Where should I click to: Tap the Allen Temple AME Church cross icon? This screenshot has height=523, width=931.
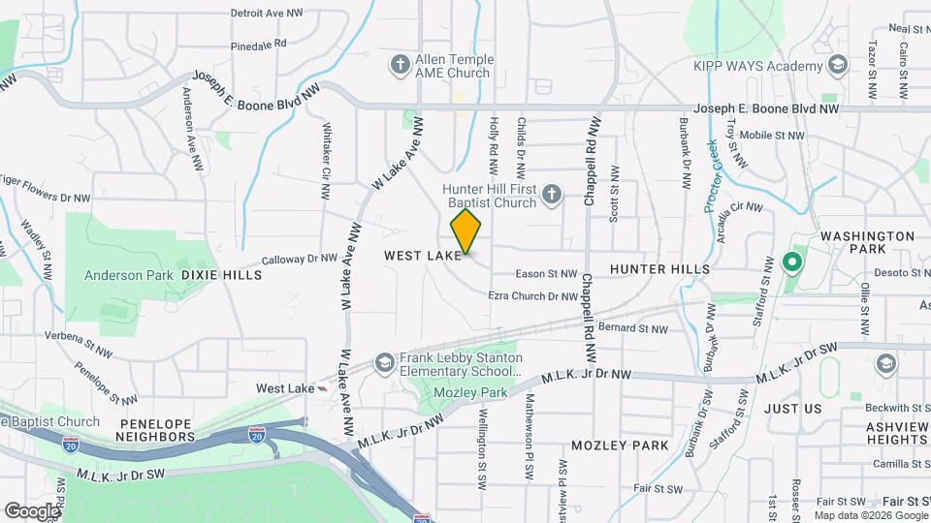point(400,65)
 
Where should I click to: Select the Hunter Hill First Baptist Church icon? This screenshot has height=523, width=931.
point(551,196)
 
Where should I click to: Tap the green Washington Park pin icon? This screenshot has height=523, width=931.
point(791,261)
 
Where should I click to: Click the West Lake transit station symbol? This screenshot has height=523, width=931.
point(322,388)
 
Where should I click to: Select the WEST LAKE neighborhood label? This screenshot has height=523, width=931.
point(423,256)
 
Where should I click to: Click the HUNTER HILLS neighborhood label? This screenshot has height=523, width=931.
point(659,268)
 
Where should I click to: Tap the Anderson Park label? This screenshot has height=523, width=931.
point(128,275)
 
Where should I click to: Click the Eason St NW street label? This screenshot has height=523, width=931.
point(547,274)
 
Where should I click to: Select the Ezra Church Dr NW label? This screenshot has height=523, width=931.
point(533,296)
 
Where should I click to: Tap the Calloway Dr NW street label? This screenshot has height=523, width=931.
point(300,260)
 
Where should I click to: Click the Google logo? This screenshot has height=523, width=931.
point(32,510)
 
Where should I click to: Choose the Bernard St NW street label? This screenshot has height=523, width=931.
point(633,329)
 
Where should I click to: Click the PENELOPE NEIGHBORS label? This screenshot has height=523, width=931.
point(157,430)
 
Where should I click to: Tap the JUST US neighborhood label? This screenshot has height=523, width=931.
point(792,409)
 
